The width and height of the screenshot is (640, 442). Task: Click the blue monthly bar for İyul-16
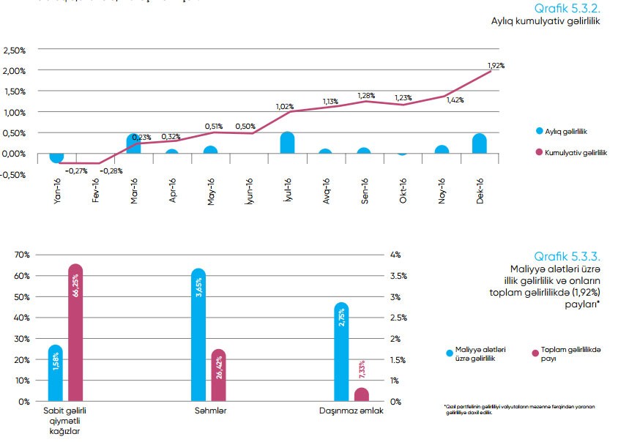[x=287, y=143]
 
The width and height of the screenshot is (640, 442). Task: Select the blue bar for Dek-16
[x=479, y=144]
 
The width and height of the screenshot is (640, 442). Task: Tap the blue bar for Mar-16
[x=134, y=144]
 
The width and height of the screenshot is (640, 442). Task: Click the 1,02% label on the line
[x=285, y=107]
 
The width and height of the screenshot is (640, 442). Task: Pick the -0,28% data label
[x=111, y=171]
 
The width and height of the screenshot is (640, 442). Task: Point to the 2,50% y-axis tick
[x=15, y=50]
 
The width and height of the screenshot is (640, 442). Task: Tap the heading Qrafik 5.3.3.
[x=567, y=256]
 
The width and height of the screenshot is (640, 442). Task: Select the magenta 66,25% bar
[x=75, y=333]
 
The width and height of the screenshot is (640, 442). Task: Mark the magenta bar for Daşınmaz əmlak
[x=361, y=394]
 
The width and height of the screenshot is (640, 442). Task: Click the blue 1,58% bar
[x=55, y=373]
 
